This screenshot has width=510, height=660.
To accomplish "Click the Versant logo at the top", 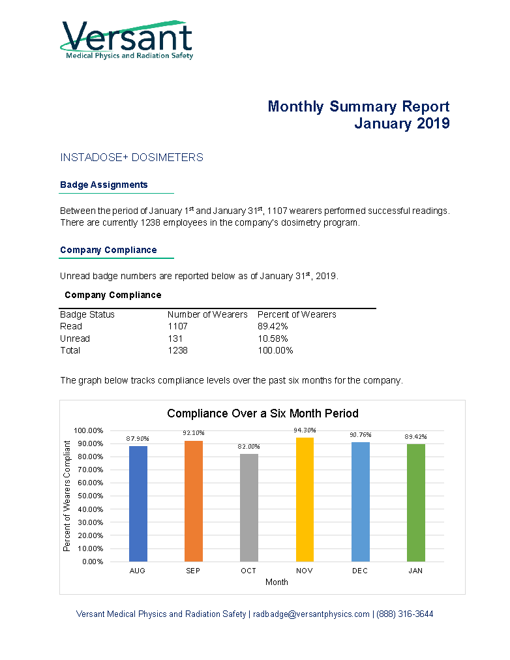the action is click(127, 40).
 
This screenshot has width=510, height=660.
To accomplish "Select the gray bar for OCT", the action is click(248, 507).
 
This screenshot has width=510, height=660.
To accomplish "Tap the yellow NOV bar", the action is click(305, 500).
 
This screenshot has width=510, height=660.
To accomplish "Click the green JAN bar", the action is click(415, 503).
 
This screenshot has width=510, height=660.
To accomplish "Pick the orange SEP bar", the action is click(194, 501).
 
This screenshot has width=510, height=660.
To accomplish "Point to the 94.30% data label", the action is click(305, 430).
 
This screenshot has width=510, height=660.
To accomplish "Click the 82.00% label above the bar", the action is click(248, 447).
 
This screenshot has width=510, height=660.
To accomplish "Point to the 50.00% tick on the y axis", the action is click(91, 496).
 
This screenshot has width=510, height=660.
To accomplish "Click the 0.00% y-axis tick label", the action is click(93, 562).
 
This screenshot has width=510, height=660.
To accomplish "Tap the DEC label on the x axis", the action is click(360, 571).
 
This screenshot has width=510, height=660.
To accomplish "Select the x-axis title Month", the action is click(277, 582).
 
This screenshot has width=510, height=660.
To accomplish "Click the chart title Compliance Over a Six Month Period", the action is click(263, 413).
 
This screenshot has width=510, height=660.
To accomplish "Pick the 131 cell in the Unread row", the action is click(175, 338).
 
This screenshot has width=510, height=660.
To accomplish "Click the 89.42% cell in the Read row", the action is click(273, 326).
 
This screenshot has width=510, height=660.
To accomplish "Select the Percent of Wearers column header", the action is click(297, 314).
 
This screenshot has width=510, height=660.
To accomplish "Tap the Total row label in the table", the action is click(70, 350).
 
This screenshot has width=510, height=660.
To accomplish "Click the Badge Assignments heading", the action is click(104, 185).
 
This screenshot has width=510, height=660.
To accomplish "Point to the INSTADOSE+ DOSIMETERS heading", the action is click(132, 157).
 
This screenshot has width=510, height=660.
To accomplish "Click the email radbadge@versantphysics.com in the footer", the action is click(311, 614).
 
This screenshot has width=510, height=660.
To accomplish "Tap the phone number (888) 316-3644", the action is click(405, 614).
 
